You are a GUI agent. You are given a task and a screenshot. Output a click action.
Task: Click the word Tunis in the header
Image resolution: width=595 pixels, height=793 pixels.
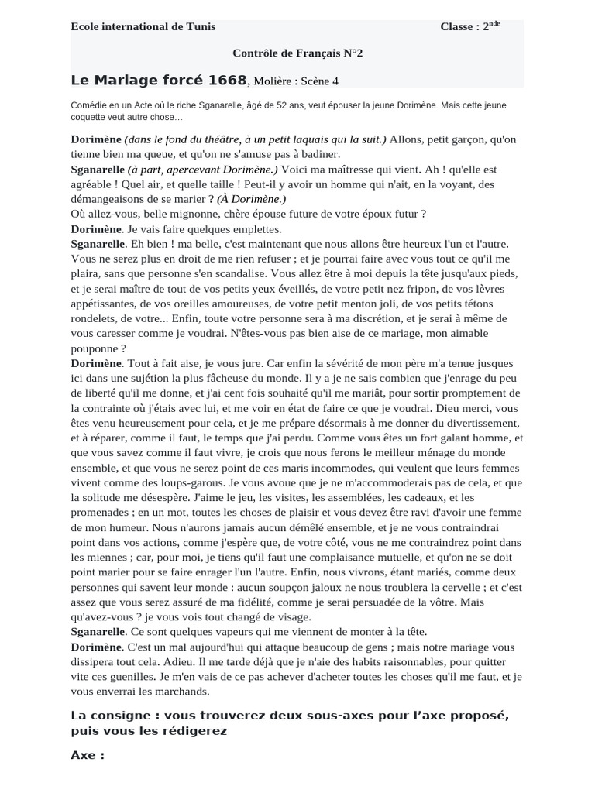tap(201, 27)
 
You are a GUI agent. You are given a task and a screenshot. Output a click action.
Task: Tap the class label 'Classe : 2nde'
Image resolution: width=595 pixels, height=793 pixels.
tap(469, 27)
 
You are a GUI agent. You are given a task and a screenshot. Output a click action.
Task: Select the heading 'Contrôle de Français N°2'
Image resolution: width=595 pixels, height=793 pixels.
tap(297, 53)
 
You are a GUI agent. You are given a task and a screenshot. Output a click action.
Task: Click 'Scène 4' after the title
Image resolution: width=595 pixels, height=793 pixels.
tap(322, 81)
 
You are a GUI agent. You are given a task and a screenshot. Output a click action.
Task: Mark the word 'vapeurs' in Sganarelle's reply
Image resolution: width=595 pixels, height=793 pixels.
tap(221, 632)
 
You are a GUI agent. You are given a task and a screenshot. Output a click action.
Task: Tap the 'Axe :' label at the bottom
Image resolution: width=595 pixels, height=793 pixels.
tap(88, 754)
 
